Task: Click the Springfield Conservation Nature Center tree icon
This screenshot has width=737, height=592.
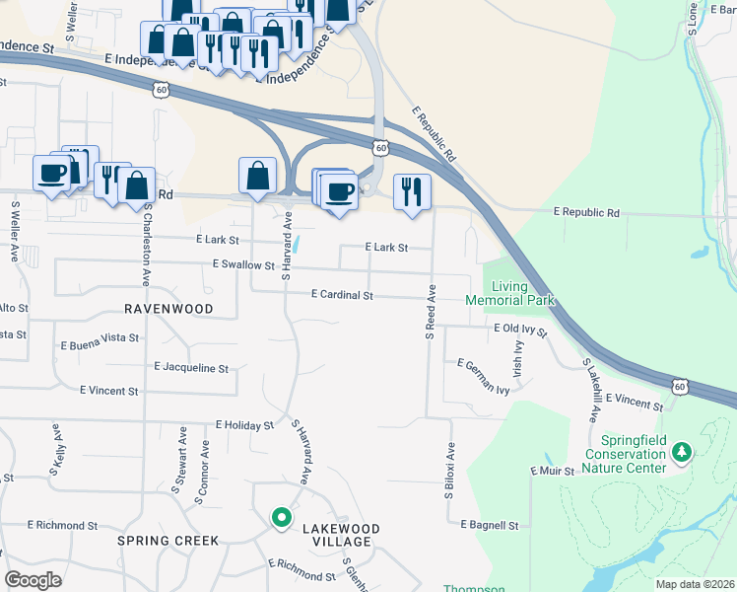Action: (x=680, y=452)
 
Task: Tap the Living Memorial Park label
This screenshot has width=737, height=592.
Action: (x=510, y=292)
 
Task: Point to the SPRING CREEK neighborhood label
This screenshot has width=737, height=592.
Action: (x=167, y=541)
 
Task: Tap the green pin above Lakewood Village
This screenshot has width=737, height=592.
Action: (x=281, y=517)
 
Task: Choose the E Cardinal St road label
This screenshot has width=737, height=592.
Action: (x=342, y=295)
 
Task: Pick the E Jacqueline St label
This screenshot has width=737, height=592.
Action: (x=191, y=368)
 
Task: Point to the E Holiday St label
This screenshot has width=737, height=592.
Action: (x=243, y=425)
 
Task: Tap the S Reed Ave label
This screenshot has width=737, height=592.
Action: (x=431, y=312)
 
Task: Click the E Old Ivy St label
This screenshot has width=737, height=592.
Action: (x=520, y=329)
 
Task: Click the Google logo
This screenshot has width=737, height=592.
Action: (x=33, y=580)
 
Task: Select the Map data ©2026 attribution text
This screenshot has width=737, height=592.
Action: (x=695, y=584)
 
